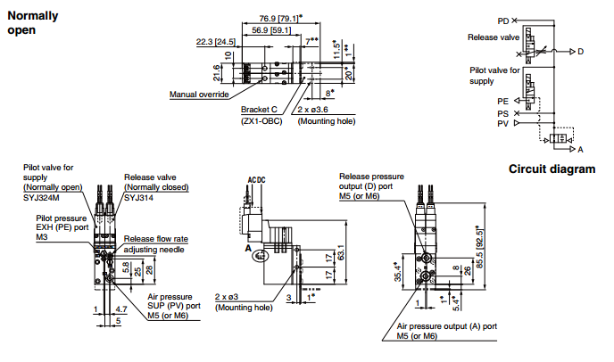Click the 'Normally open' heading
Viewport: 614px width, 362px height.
click(33, 22)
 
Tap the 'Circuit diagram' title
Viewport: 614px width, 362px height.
click(552, 169)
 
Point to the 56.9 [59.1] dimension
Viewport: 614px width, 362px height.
click(271, 30)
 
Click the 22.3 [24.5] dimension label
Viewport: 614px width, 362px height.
click(216, 42)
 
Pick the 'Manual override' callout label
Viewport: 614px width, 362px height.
click(199, 95)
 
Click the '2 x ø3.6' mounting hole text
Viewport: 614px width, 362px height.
click(312, 110)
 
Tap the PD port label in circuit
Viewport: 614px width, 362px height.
click(503, 21)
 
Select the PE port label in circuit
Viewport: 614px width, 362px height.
click(502, 102)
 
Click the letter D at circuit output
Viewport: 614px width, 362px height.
click(580, 52)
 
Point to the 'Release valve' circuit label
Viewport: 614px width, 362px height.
click(494, 37)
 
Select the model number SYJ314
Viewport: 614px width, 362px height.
click(138, 198)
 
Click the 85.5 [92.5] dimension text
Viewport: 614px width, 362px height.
click(480, 247)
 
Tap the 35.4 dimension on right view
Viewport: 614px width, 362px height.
click(398, 272)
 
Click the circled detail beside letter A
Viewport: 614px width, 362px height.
click(261, 256)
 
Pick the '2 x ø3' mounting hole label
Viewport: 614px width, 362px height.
click(227, 297)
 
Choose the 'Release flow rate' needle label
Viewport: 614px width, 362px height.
click(156, 239)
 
